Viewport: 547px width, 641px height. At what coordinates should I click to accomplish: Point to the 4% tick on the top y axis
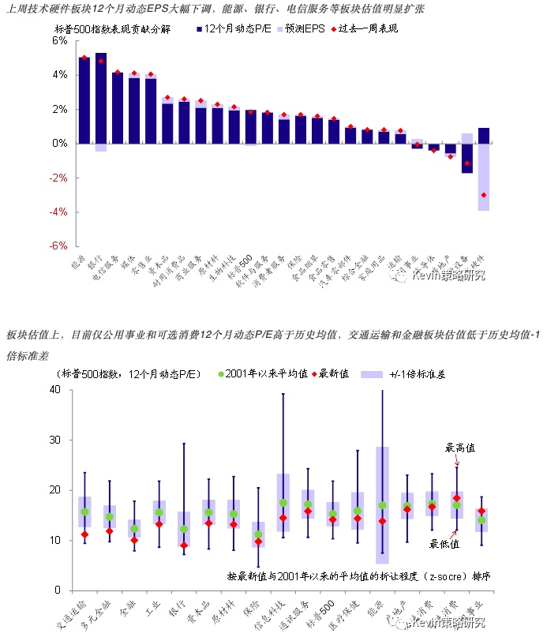click(x=59, y=75)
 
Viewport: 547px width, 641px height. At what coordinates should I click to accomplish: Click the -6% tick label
click(x=58, y=246)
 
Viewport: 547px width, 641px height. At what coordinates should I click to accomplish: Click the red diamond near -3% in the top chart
click(x=484, y=195)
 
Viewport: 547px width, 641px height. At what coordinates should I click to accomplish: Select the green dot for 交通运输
click(x=84, y=512)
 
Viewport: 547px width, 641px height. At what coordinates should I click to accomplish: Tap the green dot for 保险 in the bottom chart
click(x=258, y=534)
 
